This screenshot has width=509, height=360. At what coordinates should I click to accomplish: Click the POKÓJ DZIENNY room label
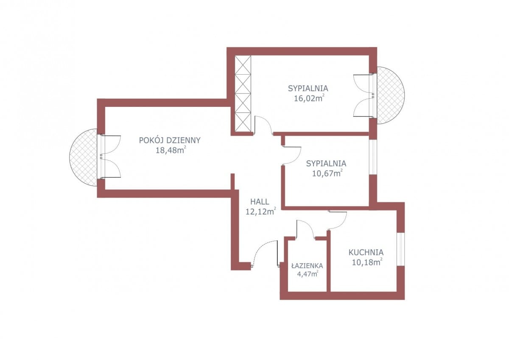pos(170,140)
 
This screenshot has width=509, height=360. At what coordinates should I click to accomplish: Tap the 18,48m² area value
pos(171,150)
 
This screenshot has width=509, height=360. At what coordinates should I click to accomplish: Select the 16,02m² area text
pos(309,98)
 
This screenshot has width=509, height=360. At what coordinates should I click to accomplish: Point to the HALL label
pos(260,201)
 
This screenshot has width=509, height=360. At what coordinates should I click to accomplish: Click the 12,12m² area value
pos(261,212)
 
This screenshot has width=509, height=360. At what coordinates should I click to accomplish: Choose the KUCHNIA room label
pos(366,252)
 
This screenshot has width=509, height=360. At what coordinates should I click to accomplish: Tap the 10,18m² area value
pos(367,262)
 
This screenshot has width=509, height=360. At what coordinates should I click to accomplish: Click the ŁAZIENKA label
pos(307,265)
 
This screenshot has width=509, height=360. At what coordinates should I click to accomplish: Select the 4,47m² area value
pos(308,273)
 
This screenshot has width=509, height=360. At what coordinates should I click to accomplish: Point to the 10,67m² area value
pos(327,173)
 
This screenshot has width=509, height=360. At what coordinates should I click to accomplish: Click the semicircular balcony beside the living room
pos(83,157)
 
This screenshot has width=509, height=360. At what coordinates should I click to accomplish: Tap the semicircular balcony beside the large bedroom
pos(391,95)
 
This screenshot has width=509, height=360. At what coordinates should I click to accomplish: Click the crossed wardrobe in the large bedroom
pos(243,94)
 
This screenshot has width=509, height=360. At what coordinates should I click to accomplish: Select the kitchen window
pos(400,249)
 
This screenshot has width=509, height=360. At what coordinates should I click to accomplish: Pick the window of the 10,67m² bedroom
pos(373,157)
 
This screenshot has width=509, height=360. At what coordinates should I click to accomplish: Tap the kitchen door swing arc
pos(341,224)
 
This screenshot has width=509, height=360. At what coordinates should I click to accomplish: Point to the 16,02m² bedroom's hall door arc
pos(267,122)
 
